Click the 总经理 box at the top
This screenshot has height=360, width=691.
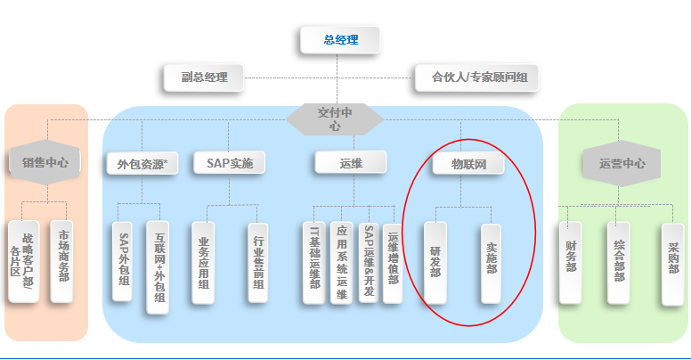pyautogui.click(x=339, y=40)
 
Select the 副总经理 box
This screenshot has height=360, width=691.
pyautogui.click(x=203, y=78)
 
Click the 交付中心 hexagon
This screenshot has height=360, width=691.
pyautogui.click(x=336, y=119)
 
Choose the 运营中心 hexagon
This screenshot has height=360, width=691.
pyautogui.click(x=622, y=164)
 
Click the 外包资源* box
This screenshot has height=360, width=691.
pyautogui.click(x=142, y=164)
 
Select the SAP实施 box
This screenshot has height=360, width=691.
pyautogui.click(x=230, y=164)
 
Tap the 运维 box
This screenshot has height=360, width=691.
pyautogui.click(x=350, y=163)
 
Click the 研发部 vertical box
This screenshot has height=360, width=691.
pyautogui.click(x=435, y=261)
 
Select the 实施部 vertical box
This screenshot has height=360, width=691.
pyautogui.click(x=492, y=261)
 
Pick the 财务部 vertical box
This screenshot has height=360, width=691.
pyautogui.click(x=571, y=261)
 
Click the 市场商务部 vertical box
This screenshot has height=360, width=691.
pyautogui.click(x=62, y=261)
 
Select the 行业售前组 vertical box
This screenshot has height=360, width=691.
pyautogui.click(x=258, y=261)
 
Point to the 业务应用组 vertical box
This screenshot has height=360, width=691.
pyautogui.click(x=204, y=261)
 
